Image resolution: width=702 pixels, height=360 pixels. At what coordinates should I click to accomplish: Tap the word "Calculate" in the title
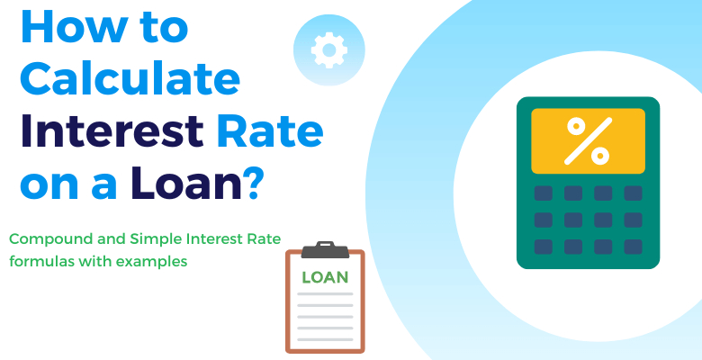pyautogui.click(x=130, y=81)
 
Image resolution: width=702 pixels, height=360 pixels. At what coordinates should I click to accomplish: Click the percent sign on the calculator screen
pyautogui.click(x=588, y=140)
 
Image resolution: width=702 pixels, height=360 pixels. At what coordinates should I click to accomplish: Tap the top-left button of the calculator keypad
pyautogui.click(x=543, y=193)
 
